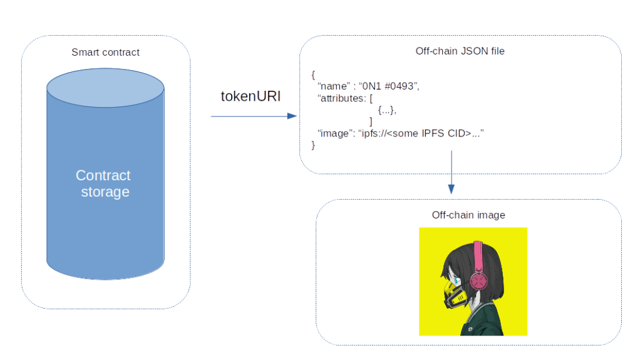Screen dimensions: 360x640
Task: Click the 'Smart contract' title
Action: coord(105,52)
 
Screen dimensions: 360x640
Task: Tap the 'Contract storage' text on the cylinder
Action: coord(104,183)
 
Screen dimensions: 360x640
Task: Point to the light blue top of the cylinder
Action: coord(105,87)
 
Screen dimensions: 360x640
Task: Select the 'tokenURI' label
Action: coord(250,96)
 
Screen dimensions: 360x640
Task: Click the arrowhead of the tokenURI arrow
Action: coord(292,116)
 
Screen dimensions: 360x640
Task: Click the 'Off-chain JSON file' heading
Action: coord(460,51)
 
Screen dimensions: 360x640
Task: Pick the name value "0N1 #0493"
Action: coord(387,86)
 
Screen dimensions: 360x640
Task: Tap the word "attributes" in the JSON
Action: coord(342,98)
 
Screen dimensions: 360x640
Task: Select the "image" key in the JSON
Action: coord(334,133)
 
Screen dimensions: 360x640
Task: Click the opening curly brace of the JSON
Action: coord(313,75)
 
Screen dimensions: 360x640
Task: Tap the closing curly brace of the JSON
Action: coord(313,145)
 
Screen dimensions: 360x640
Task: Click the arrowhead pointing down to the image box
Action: coord(451,189)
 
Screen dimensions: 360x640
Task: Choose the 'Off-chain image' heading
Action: coord(468,215)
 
